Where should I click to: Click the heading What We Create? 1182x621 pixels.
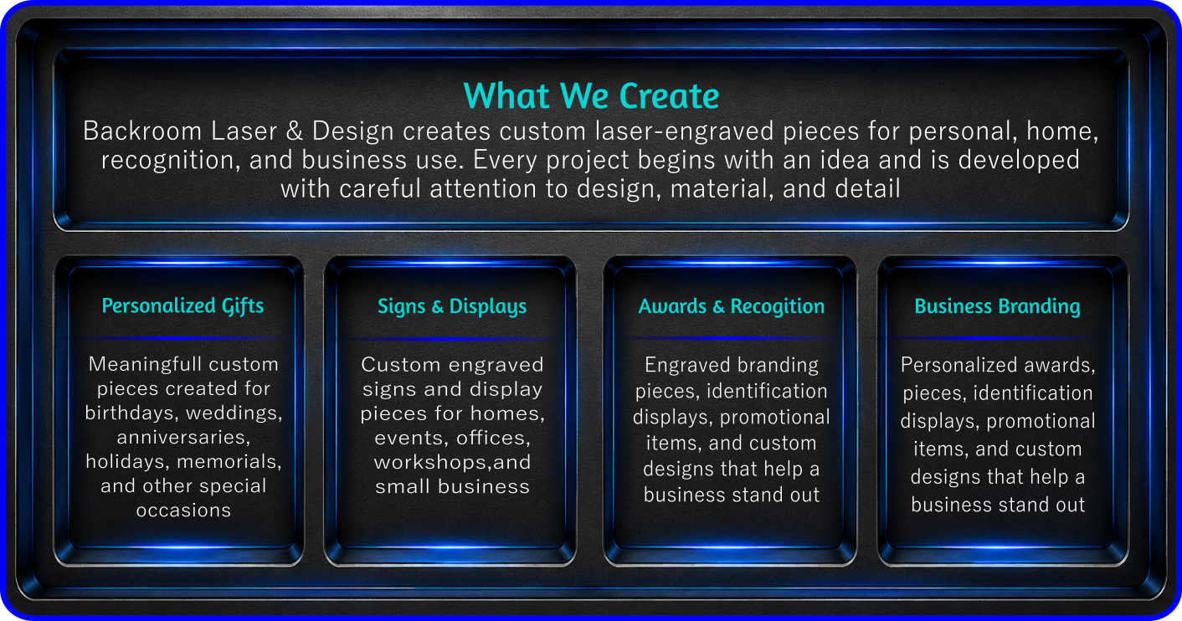[x=591, y=96]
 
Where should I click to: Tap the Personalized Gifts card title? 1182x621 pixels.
[x=182, y=306]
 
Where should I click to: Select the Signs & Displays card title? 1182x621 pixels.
[x=452, y=306]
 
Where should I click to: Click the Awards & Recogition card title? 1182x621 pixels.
[x=732, y=306]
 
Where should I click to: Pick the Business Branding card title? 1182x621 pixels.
[x=997, y=306]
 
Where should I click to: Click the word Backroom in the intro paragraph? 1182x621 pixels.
[x=142, y=131]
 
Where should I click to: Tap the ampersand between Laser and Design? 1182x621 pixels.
[x=295, y=131]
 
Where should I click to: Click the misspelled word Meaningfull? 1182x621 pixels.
[x=146, y=365]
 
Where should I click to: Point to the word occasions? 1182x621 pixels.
[x=183, y=511]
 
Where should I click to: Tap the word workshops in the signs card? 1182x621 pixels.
[x=433, y=463]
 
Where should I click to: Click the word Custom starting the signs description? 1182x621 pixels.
[x=400, y=365]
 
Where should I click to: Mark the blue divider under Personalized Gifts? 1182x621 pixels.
[x=182, y=337]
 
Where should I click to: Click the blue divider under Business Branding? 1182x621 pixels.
[x=997, y=337]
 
